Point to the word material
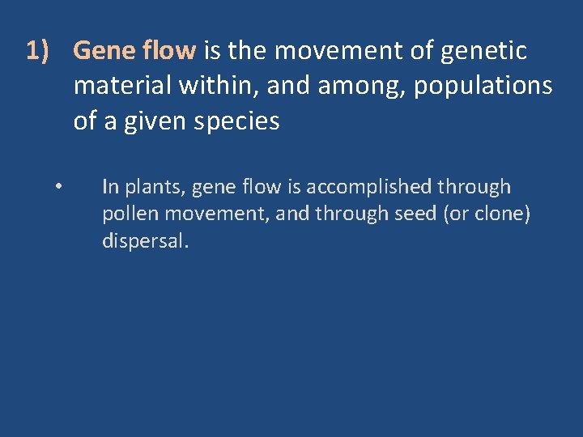click(119, 87)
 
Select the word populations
click(483, 87)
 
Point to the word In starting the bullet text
click(110, 187)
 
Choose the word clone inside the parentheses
click(499, 214)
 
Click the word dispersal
click(144, 242)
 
